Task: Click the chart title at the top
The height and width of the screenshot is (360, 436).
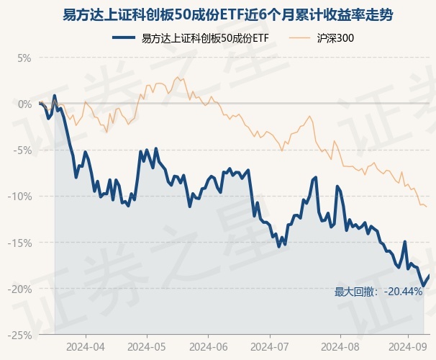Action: [x=217, y=14]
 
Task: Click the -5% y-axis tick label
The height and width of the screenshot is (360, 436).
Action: [x=22, y=150]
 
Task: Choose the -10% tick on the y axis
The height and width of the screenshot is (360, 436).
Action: [x=20, y=196]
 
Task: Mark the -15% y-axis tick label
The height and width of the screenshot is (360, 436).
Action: [x=20, y=243]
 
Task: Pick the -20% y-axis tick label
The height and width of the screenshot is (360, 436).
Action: [x=20, y=289]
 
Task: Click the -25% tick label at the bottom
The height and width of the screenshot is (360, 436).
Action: [x=20, y=335]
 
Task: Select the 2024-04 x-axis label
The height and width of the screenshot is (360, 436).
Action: [x=86, y=346]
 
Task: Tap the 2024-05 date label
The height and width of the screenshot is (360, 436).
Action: [x=147, y=346]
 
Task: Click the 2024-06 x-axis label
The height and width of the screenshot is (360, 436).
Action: [x=208, y=346]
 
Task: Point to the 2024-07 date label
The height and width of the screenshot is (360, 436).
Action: [x=269, y=346]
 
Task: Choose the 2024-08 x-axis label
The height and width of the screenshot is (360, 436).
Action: [x=330, y=346]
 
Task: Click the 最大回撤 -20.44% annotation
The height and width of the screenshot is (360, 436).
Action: [x=378, y=292]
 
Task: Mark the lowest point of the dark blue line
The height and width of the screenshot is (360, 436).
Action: [x=424, y=286]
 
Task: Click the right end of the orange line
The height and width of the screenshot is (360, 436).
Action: [x=427, y=207]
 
